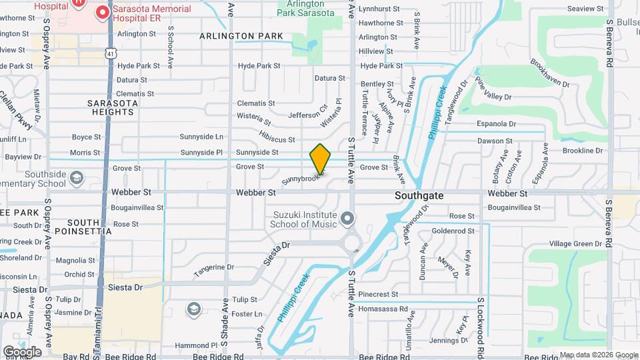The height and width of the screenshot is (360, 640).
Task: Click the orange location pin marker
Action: (320, 159)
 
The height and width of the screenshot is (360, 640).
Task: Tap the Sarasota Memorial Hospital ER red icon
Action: (103, 12)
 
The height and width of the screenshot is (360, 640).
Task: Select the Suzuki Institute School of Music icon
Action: (347, 218)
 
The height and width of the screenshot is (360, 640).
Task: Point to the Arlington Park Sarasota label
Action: (306, 9)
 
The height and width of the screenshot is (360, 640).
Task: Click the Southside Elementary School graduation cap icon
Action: (77, 177)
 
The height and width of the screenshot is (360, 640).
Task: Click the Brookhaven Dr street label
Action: (550, 73)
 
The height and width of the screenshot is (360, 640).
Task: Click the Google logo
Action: (21, 351)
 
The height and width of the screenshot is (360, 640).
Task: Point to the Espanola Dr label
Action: (496, 124)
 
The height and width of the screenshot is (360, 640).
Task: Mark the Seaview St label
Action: (585, 9)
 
